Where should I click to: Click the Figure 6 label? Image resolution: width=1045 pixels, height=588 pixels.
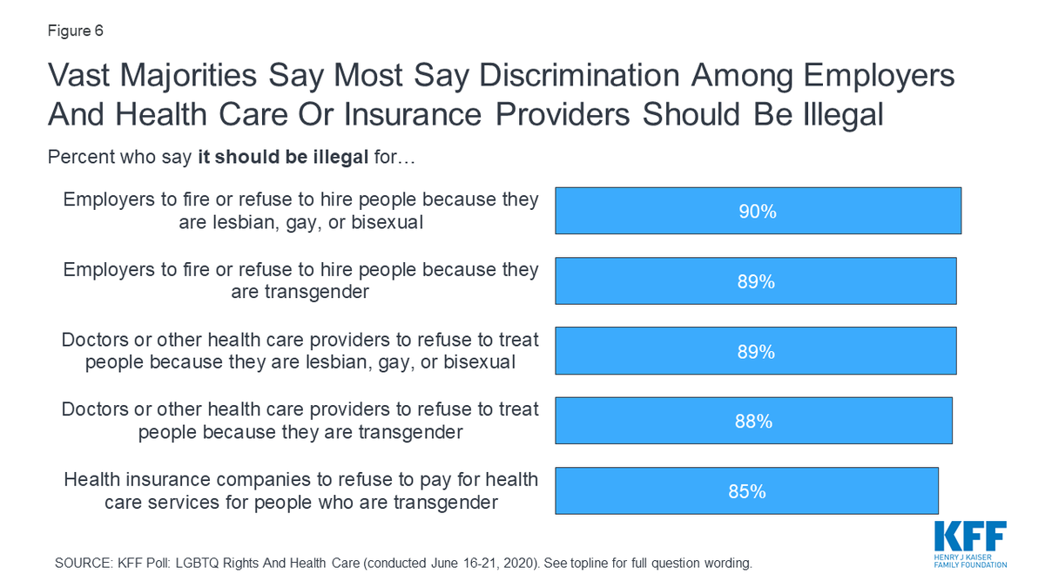tap(75, 31)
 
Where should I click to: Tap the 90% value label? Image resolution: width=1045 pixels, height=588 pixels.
tap(758, 212)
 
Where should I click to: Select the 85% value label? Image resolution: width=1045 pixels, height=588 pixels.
tap(746, 491)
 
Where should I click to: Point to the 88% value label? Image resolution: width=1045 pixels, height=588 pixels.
tap(753, 422)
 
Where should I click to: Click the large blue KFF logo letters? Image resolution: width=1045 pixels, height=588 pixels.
tap(970, 535)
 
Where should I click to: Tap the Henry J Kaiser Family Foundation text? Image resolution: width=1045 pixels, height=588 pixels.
tap(970, 560)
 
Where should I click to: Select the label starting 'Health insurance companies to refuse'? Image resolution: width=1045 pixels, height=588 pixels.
tap(300, 490)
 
